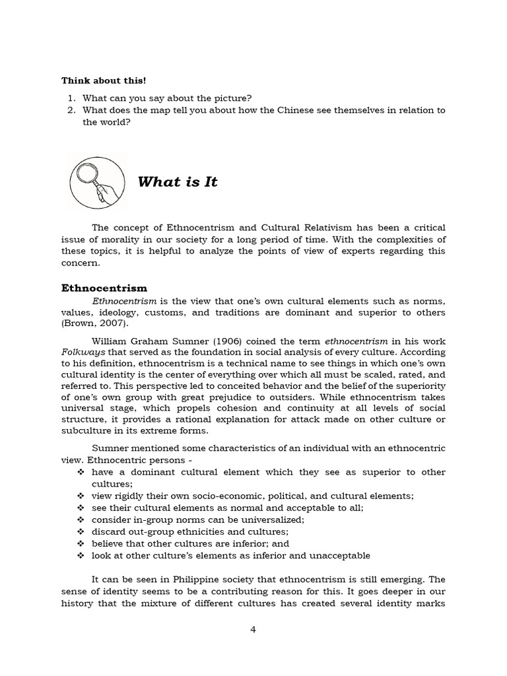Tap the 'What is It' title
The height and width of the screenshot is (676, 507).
(x=178, y=182)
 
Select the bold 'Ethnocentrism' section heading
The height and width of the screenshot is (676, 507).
(x=104, y=288)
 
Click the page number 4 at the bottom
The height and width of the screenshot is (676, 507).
(x=253, y=629)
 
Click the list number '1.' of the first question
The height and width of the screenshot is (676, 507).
(x=73, y=98)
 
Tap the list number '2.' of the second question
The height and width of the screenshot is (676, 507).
(x=73, y=110)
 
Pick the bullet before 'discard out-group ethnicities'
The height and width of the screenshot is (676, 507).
(x=81, y=531)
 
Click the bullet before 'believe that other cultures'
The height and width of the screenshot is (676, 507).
(x=81, y=543)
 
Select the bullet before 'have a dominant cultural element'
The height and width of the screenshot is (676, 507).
(x=81, y=472)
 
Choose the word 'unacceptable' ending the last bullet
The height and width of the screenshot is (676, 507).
(x=337, y=555)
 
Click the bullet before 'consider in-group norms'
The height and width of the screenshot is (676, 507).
(x=81, y=520)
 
